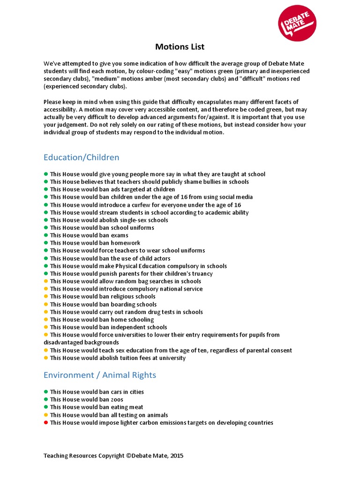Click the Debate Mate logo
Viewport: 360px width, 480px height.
tap(297, 23)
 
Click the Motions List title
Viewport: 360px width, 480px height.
tap(180, 47)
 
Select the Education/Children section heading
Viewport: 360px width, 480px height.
tap(81, 157)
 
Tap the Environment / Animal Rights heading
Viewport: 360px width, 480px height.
tap(99, 375)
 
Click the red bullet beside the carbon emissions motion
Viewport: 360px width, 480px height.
tap(46, 423)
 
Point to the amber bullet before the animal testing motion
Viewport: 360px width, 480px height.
tap(46, 415)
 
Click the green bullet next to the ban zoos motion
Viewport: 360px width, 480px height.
tap(46, 399)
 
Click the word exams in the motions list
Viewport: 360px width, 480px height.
tap(120, 235)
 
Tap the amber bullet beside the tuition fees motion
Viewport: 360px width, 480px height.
tap(46, 358)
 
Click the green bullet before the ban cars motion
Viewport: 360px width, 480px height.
tap(46, 392)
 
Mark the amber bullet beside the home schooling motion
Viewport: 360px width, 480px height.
tap(46, 320)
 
